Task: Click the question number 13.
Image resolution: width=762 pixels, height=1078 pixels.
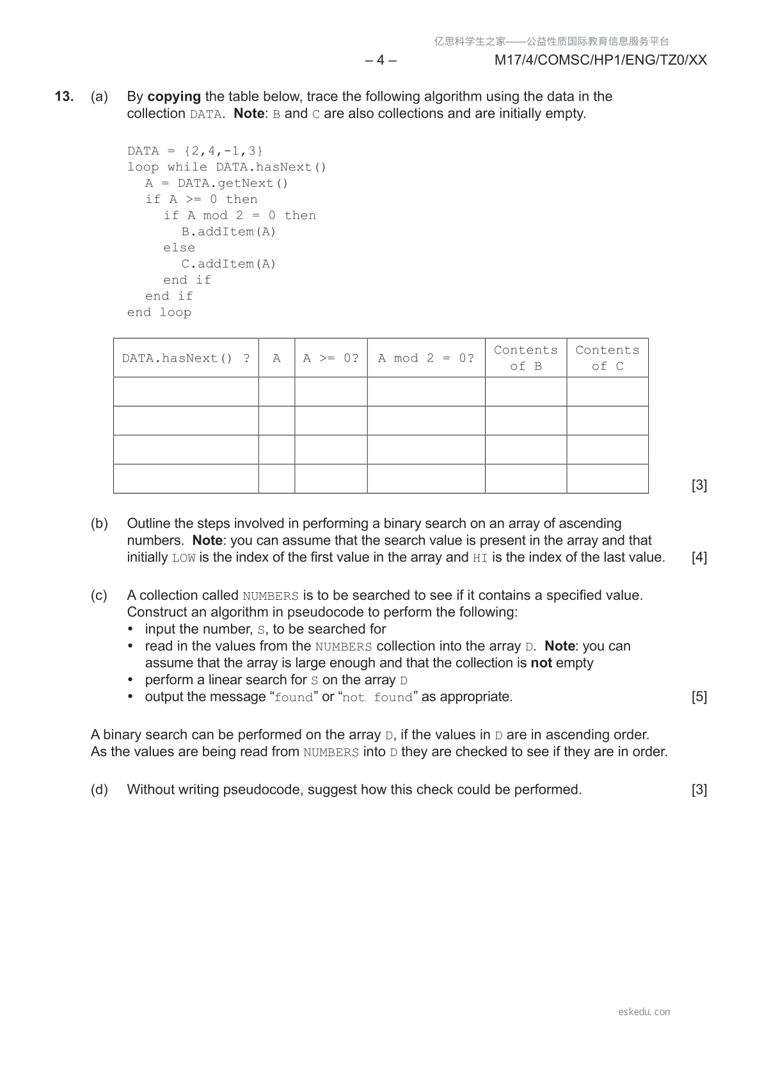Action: coord(64,97)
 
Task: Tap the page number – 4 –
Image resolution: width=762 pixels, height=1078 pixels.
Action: coord(381,60)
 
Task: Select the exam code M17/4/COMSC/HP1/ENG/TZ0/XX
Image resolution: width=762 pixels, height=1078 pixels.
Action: coord(600,60)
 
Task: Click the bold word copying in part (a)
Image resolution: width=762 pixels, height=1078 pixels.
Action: coord(174,97)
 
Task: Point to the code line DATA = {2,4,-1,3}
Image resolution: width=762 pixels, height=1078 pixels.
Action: coord(195,151)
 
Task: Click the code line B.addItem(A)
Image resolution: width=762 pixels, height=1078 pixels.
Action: coord(228,232)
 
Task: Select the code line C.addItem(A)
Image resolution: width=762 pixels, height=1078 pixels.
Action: coord(228,264)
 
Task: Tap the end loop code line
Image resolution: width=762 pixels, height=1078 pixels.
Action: coord(159,312)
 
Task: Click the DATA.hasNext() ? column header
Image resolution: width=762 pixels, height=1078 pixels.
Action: coord(186,358)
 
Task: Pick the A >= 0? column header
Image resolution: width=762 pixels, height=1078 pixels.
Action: coord(331,358)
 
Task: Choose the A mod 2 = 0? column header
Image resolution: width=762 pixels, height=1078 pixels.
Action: coord(426,358)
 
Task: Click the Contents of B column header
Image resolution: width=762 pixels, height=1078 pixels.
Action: coord(526,358)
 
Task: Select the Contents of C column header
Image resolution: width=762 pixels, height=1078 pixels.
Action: coord(607,358)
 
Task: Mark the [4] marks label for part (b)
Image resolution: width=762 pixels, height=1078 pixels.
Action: coord(699,558)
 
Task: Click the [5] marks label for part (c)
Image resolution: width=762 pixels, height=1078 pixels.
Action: coord(699,697)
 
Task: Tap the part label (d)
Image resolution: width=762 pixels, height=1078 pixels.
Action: coord(99,790)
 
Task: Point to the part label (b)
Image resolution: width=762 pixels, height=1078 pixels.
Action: coord(99,524)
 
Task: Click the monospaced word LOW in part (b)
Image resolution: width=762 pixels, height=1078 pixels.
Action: coord(184,558)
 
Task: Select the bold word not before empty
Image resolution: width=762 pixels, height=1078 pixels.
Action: coord(541,663)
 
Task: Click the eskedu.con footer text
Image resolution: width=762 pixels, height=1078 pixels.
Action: coord(644,1012)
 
